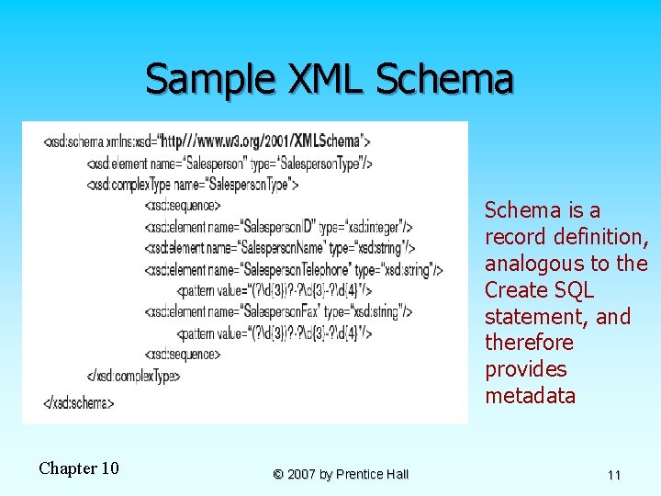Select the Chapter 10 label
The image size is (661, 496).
79,468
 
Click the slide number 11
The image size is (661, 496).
614,475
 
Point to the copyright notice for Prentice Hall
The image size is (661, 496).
341,474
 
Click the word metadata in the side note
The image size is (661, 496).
531,396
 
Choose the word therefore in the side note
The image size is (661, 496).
529,343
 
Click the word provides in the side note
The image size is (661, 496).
526,369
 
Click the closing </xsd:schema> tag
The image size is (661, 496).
79,402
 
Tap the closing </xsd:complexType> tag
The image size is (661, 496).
133,375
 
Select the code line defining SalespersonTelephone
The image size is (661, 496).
294,269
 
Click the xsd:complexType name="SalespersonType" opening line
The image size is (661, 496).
193,184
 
